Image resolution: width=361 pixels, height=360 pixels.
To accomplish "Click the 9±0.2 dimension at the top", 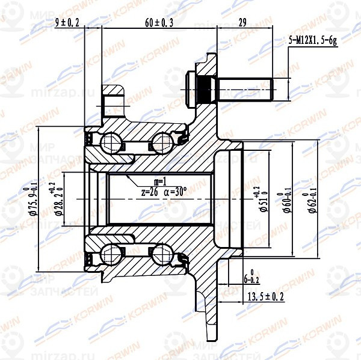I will [x=67, y=23].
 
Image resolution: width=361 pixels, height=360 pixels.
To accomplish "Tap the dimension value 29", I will [x=243, y=23].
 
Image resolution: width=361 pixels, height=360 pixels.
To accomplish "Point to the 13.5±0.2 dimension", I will [x=265, y=296].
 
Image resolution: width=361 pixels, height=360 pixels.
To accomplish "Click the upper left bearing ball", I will [x=110, y=143].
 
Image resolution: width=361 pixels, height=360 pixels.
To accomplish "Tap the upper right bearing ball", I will [x=161, y=143].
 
